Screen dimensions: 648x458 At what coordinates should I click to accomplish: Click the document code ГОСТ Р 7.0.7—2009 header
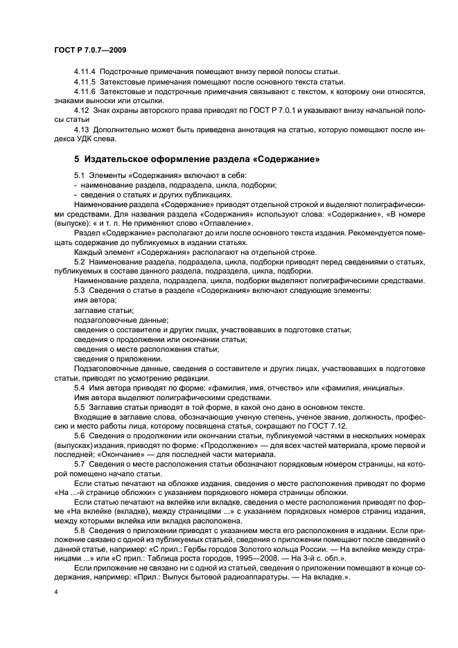(x=89, y=51)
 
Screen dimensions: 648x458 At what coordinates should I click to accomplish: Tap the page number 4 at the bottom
(x=55, y=593)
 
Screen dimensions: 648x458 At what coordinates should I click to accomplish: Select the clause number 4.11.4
(x=85, y=71)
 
